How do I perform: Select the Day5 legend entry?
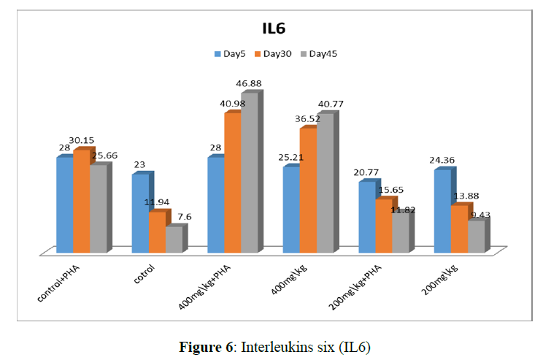pyautogui.click(x=231, y=53)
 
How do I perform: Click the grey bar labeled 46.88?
pyautogui.click(x=249, y=172)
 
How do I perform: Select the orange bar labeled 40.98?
pyautogui.click(x=232, y=183)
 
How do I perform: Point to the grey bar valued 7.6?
pyautogui.click(x=173, y=240)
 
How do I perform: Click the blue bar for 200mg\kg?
pyautogui.click(x=442, y=211)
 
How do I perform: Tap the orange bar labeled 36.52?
pyautogui.click(x=308, y=190)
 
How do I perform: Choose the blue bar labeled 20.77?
pyautogui.click(x=367, y=217)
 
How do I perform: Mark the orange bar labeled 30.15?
pyautogui.click(x=80, y=201)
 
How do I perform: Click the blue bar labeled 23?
pyautogui.click(x=140, y=213)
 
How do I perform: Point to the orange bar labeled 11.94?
pyautogui.click(x=157, y=232)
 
